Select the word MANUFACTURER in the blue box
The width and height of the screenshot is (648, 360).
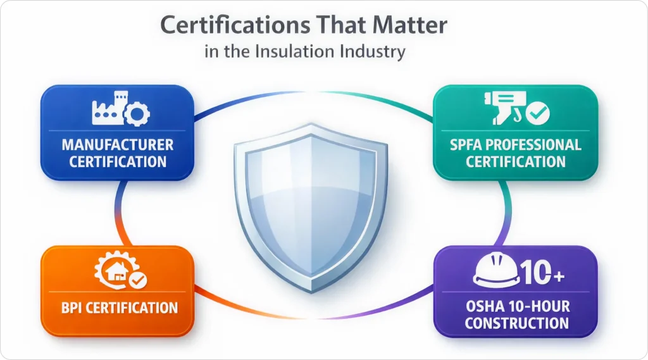pyautogui.click(x=118, y=145)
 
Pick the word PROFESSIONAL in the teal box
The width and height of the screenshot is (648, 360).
pyautogui.click(x=539, y=145)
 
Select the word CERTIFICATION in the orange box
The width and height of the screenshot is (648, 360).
pyautogui.click(x=133, y=309)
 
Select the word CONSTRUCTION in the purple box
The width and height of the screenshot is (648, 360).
pyautogui.click(x=516, y=323)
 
